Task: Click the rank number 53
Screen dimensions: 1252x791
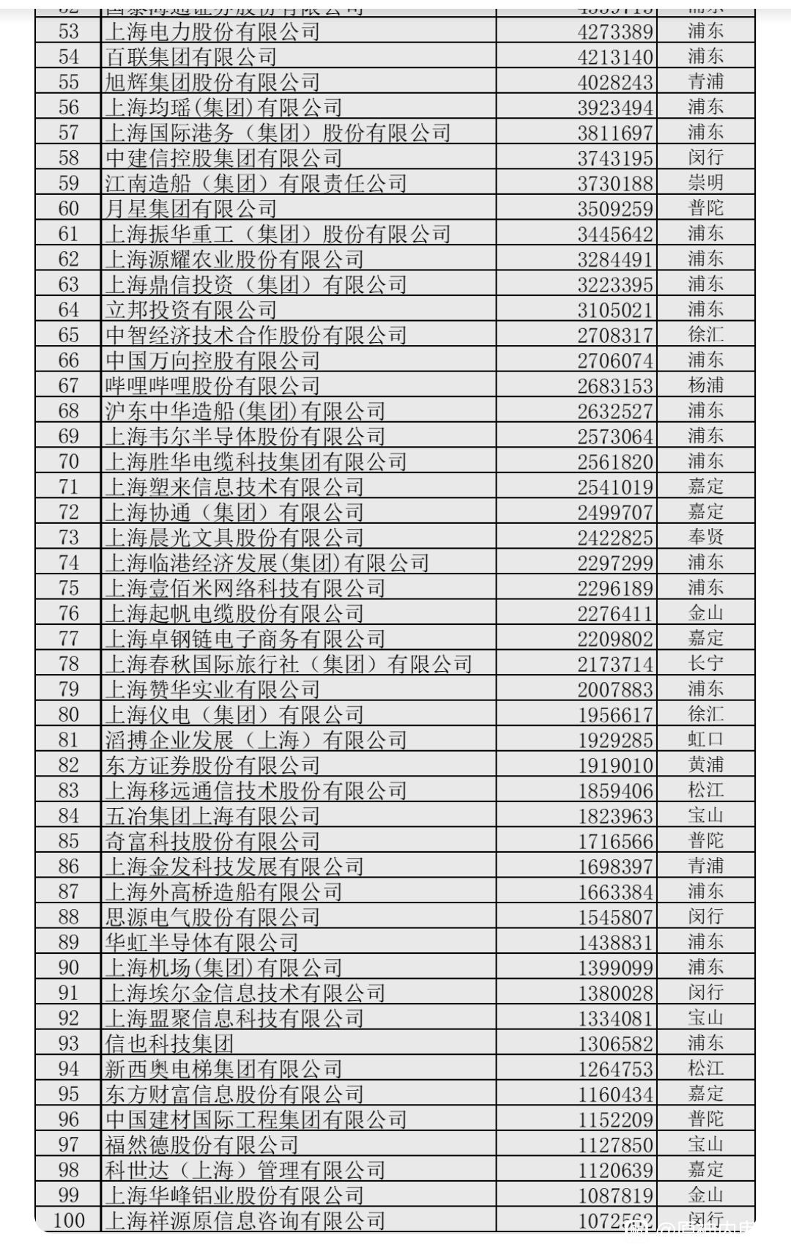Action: click(x=68, y=32)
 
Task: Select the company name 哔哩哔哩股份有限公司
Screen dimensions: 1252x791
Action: click(x=212, y=385)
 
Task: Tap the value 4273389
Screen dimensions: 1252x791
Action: click(x=614, y=32)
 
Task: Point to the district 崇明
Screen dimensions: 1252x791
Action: click(x=705, y=182)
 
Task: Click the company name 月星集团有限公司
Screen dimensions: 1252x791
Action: click(x=190, y=209)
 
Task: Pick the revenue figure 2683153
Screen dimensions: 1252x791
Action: click(x=614, y=386)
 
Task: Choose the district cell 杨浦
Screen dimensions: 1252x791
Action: click(x=705, y=385)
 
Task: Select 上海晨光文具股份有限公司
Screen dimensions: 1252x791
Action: click(x=234, y=538)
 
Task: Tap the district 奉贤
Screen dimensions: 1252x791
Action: click(x=705, y=537)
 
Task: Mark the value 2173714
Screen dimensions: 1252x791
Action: click(x=614, y=664)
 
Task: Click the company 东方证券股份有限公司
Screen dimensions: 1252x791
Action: click(x=212, y=766)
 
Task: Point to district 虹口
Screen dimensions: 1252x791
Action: click(x=705, y=739)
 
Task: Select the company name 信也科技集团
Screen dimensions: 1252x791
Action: click(x=169, y=1043)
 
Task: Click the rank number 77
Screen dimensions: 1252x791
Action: click(x=68, y=638)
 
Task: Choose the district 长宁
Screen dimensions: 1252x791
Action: click(x=705, y=664)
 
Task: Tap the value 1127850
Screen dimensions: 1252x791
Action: click(x=614, y=1145)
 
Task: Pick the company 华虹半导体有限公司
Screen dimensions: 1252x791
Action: click(x=201, y=942)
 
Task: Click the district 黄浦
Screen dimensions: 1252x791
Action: click(x=705, y=765)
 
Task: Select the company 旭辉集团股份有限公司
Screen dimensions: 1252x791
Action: click(x=212, y=82)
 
